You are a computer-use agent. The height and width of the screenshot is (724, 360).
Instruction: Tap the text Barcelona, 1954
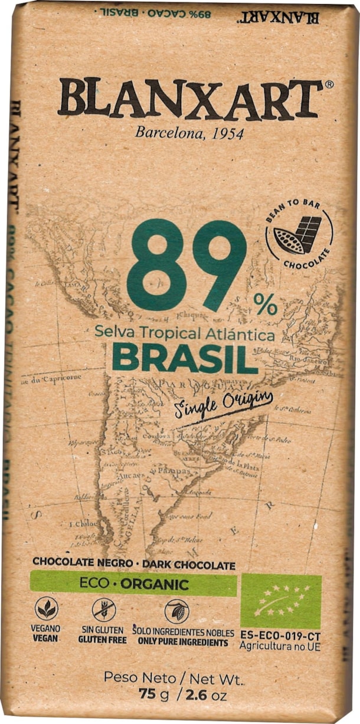(x=189, y=132)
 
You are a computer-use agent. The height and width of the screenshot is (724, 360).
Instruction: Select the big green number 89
(x=186, y=265)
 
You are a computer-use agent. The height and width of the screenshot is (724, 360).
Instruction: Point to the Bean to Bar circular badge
(x=299, y=237)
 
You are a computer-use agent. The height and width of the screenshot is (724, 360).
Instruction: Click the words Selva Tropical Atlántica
(x=185, y=335)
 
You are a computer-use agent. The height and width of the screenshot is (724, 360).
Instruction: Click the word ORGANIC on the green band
(x=154, y=585)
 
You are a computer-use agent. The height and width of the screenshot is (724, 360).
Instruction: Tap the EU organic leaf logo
(x=280, y=601)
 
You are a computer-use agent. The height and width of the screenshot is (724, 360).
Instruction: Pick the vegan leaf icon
(x=46, y=609)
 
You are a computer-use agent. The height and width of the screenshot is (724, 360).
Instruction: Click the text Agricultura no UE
(x=280, y=647)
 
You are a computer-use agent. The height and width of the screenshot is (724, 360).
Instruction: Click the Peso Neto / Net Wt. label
(x=174, y=678)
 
